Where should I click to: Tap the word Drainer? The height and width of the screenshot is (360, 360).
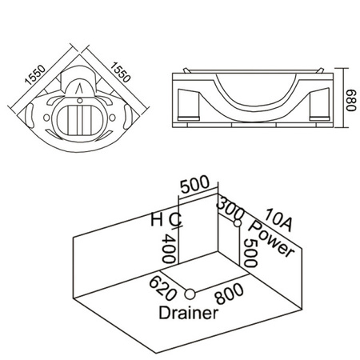click(x=186, y=313)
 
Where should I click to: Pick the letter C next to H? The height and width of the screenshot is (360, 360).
click(x=174, y=218)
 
